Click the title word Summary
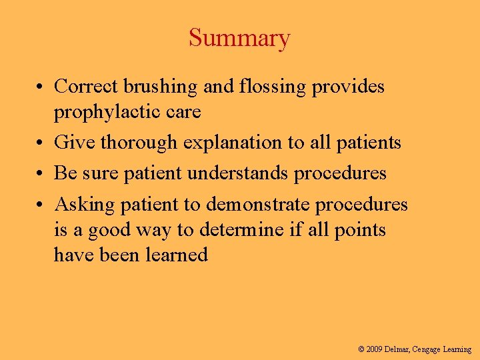[239, 38]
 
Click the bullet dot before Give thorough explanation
[41, 143]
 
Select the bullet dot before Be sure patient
[41, 174]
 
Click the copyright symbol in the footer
[361, 349]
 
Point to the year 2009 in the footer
[375, 349]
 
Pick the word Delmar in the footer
[397, 349]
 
